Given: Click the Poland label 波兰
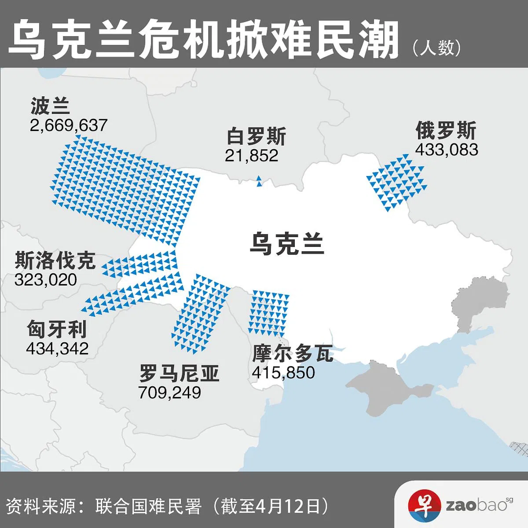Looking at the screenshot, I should [x=50, y=106].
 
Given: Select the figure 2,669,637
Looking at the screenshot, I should [x=69, y=125].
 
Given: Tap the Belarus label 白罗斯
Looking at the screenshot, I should [x=256, y=136].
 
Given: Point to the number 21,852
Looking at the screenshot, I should [x=251, y=155].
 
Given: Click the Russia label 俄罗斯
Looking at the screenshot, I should [x=445, y=131].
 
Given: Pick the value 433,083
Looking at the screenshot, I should [x=446, y=150].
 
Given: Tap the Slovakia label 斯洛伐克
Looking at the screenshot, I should [x=55, y=260].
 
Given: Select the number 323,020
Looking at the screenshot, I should [x=46, y=280].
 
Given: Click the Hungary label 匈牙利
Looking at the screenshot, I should [x=57, y=329].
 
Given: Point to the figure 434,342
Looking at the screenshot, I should [x=57, y=348].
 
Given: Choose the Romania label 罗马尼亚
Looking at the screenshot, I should [x=179, y=374].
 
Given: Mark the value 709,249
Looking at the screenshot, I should [x=169, y=392].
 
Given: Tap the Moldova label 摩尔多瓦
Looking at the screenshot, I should [x=293, y=353].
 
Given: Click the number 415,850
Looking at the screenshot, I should [x=283, y=373].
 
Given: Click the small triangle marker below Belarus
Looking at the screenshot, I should [x=259, y=181].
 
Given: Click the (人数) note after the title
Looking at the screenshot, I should [x=437, y=48].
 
